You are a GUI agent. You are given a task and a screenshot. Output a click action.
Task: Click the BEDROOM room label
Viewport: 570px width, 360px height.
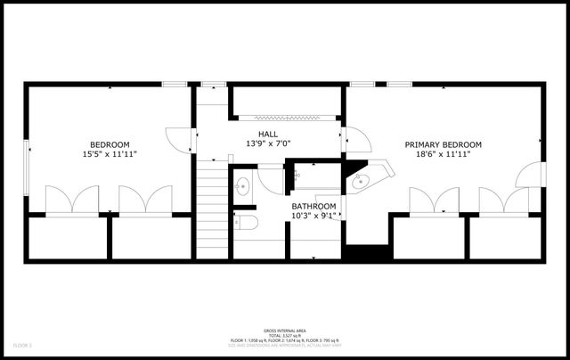coord(110,145)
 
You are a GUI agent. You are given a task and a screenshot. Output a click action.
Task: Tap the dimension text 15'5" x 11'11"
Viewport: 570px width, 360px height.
coord(110,154)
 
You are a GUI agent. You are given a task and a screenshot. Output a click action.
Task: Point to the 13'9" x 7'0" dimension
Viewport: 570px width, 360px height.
coord(268,143)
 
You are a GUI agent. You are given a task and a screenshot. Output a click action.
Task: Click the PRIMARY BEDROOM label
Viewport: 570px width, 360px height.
coord(443,145)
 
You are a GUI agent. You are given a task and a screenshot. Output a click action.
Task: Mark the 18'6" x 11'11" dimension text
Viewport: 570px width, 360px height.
coord(443,154)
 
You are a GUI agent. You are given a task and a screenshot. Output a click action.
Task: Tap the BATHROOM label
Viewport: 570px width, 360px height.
coord(313,206)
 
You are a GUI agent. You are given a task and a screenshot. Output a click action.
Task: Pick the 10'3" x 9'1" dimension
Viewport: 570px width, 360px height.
coord(313,215)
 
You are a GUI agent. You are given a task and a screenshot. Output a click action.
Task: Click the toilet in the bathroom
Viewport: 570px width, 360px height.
coord(245,222)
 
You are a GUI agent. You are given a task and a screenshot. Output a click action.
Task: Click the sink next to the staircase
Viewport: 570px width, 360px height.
coord(242,185)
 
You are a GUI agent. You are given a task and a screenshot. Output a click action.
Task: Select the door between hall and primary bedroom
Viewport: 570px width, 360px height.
coord(354,141)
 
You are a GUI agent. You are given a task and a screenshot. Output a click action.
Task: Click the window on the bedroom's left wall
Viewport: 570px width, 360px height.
coord(27,165)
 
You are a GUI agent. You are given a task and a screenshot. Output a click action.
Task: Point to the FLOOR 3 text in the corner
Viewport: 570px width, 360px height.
coord(22,344)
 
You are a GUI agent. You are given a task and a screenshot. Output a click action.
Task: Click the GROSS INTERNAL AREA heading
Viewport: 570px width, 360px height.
coord(285,329)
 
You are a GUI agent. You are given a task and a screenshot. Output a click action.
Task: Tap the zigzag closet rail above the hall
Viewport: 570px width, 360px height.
coord(287,117)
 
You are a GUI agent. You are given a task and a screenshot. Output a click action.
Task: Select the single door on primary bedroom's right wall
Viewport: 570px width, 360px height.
coord(531,175)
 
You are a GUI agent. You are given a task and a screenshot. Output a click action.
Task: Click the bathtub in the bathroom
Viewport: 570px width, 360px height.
coord(312,177)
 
